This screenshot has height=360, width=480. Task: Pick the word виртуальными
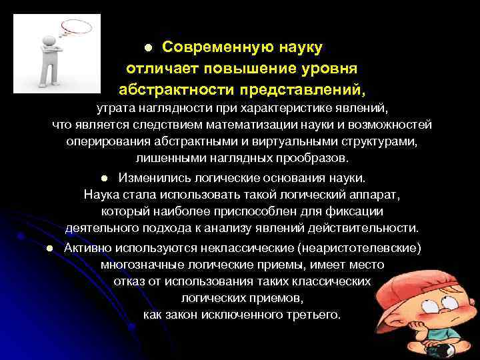289,142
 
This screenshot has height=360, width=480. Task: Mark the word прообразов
312,159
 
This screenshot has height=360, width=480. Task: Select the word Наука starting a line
100,194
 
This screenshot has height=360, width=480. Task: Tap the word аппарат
377,194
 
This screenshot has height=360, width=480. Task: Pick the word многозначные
139,265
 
